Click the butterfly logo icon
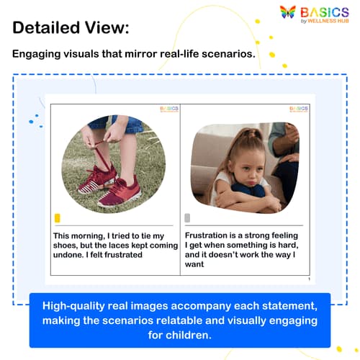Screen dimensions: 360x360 (288, 12)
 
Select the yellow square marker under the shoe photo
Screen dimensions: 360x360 (58, 218)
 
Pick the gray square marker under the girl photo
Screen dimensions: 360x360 (188, 217)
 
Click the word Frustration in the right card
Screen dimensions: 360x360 (210, 235)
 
